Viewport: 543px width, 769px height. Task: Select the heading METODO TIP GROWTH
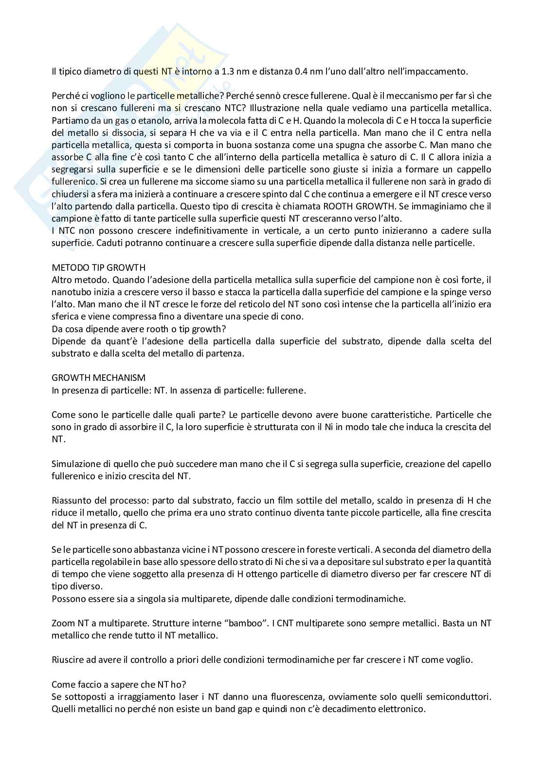(x=98, y=267)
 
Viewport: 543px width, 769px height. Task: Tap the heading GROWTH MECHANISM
(x=98, y=377)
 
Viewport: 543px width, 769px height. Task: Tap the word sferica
(x=64, y=316)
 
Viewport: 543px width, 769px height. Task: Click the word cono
(x=293, y=316)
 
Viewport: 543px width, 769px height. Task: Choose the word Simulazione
(x=74, y=464)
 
